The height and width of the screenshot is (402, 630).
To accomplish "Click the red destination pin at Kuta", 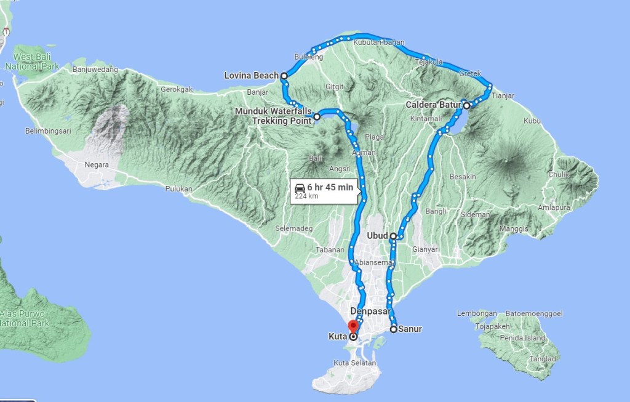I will tap(353, 326).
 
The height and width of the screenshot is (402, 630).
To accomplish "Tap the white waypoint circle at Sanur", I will tap(394, 329).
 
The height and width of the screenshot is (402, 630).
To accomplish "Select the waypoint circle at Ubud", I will tap(393, 236).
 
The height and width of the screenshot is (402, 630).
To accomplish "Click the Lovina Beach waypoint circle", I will tap(284, 76).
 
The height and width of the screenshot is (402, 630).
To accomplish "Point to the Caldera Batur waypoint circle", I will tap(466, 105).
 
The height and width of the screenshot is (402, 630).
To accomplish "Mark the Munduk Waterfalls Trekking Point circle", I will tap(317, 116).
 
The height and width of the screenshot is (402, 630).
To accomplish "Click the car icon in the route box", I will tap(300, 187).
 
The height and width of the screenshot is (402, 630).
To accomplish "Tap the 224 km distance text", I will tap(306, 196).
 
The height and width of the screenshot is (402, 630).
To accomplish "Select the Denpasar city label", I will tap(371, 311).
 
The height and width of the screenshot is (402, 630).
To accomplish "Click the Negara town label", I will tap(97, 165).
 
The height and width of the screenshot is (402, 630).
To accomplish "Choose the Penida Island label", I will tap(527, 338).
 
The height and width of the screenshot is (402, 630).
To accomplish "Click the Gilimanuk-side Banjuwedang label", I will tap(95, 69).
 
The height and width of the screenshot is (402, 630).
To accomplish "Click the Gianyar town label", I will tap(425, 249).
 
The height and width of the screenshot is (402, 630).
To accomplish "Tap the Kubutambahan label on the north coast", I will tap(379, 42).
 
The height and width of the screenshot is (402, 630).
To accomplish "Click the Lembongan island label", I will tap(477, 313).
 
